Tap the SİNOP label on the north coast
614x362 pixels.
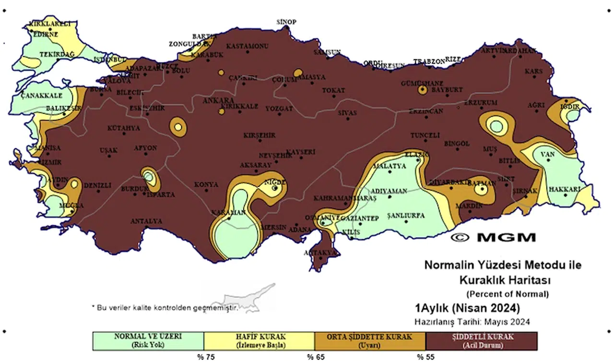(287, 22)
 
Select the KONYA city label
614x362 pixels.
(206, 184)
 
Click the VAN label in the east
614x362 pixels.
(547, 155)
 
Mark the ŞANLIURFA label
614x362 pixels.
(406, 216)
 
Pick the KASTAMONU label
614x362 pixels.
(247, 46)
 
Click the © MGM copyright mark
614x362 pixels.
(493, 237)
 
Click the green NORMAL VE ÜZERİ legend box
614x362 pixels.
(148, 340)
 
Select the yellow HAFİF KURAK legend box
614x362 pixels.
(259, 340)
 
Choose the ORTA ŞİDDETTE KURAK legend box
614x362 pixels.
(370, 340)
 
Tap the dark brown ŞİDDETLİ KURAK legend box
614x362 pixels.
(481, 340)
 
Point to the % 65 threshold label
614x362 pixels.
(314, 356)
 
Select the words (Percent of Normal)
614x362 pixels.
(507, 293)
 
